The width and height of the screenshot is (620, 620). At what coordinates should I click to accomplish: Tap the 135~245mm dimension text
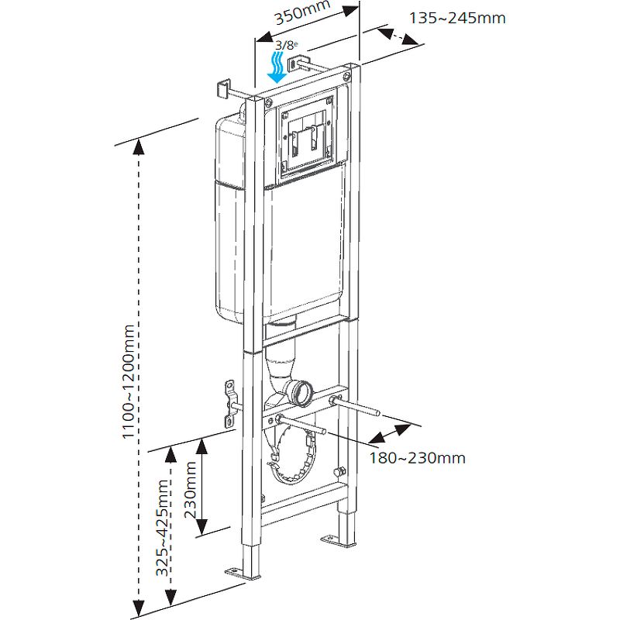pyautogui.click(x=457, y=17)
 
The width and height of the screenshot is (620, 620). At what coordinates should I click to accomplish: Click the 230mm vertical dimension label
pyautogui.click(x=191, y=487)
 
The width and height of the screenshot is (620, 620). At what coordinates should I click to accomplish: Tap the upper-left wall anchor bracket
pyautogui.click(x=222, y=88)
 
